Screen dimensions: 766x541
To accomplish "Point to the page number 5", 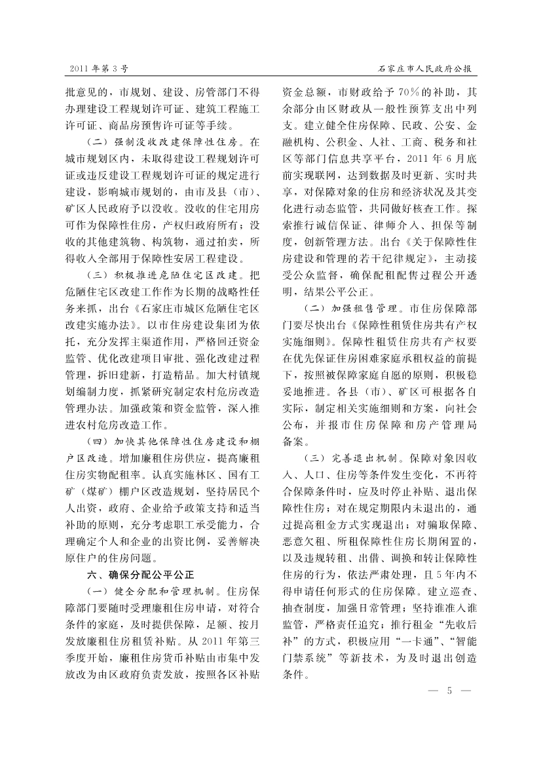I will tap(450, 691).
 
